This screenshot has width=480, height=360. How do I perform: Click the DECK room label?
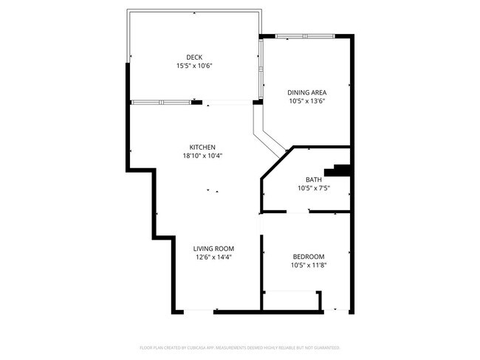pyautogui.click(x=194, y=57)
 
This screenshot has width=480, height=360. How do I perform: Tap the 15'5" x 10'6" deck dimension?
pyautogui.click(x=194, y=66)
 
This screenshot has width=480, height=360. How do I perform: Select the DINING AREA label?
pyautogui.click(x=307, y=92)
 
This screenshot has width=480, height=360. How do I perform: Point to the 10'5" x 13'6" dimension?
pyautogui.click(x=307, y=101)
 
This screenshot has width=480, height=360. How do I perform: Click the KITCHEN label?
pyautogui.click(x=202, y=147)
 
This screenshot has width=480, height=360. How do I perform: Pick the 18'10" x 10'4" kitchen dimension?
pyautogui.click(x=202, y=156)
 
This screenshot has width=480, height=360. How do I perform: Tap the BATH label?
pyautogui.click(x=314, y=179)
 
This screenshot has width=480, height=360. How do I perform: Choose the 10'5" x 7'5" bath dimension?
pyautogui.click(x=314, y=188)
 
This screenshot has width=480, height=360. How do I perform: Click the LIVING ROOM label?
pyautogui.click(x=214, y=249)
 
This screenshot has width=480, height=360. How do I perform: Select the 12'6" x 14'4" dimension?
pyautogui.click(x=214, y=257)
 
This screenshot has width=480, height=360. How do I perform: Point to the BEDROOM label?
pyautogui.click(x=309, y=256)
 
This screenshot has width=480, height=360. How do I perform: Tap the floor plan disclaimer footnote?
pyautogui.click(x=240, y=347)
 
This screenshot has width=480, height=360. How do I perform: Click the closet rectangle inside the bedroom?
pyautogui.click(x=292, y=300)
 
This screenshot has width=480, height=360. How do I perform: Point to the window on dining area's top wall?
pyautogui.click(x=304, y=35)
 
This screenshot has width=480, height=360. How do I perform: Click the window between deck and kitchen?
pyautogui.click(x=160, y=102)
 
